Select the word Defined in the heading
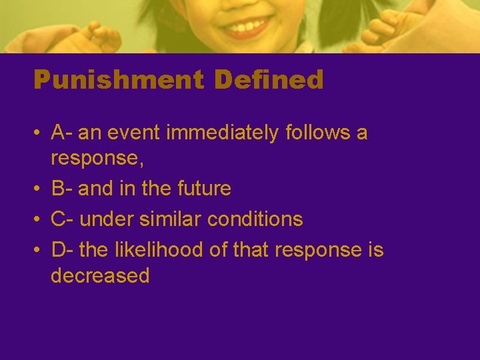point(269,81)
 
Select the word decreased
point(100,275)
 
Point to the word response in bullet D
point(317,251)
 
